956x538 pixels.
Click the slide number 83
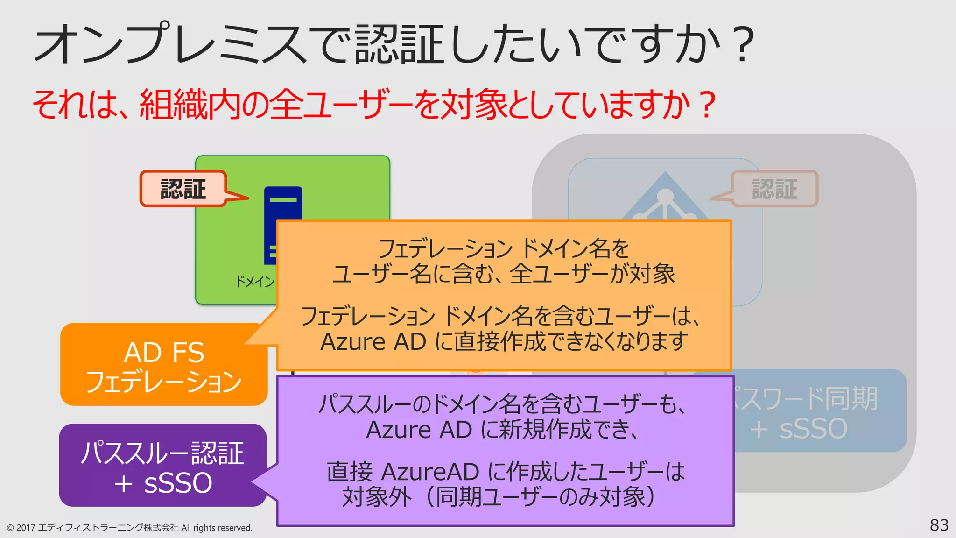click(939, 525)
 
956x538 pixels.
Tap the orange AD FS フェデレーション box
click(163, 365)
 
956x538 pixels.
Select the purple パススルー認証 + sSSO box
click(162, 466)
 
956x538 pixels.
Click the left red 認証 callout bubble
click(183, 189)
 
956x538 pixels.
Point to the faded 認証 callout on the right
click(774, 189)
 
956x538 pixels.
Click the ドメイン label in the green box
click(255, 282)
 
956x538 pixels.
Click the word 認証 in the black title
click(399, 44)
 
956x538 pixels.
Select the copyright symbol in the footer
click(10, 528)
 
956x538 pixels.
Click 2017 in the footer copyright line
click(26, 528)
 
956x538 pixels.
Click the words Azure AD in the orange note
click(373, 342)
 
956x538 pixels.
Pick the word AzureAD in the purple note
click(430, 472)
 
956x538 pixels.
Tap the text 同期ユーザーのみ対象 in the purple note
click(537, 497)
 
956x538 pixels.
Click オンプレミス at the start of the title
click(170, 44)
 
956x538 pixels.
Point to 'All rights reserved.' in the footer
click(217, 528)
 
